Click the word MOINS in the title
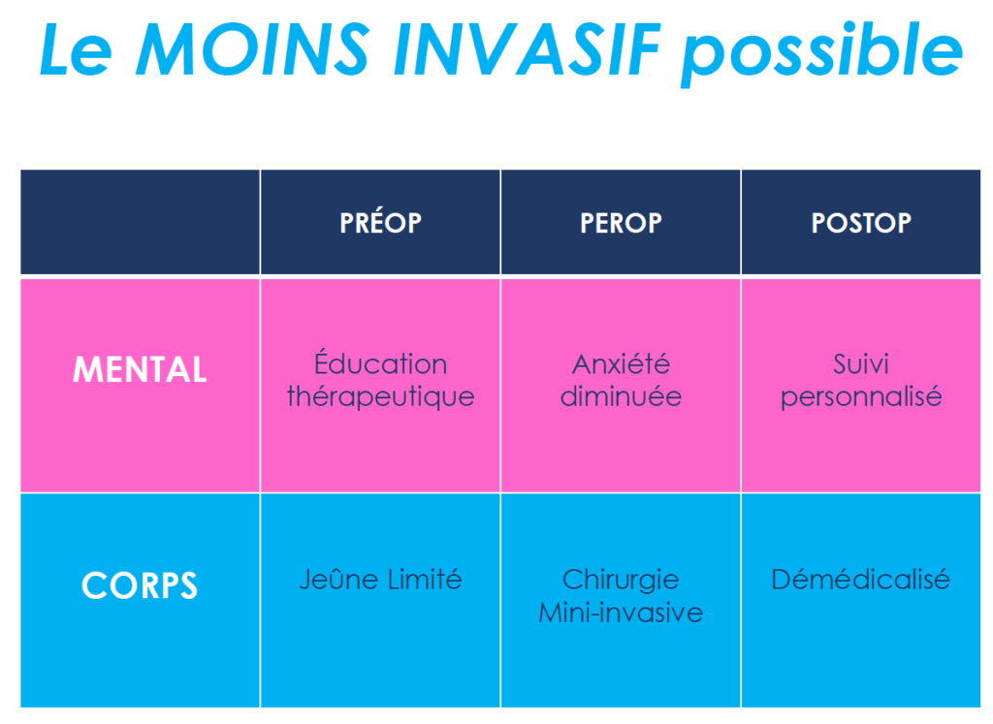[253, 49]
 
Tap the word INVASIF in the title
[527, 49]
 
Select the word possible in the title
[822, 54]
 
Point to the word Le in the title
[76, 50]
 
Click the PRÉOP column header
[380, 222]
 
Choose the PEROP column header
[621, 223]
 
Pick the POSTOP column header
[861, 223]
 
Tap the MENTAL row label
[140, 369]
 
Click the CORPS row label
[140, 584]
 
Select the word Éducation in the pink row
[380, 362]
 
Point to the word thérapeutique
[380, 396]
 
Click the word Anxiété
[622, 363]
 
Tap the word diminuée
[622, 396]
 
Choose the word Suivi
[861, 363]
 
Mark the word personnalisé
[861, 396]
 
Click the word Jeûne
[339, 579]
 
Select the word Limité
[425, 579]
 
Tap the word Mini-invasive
[621, 613]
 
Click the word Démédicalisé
[861, 579]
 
